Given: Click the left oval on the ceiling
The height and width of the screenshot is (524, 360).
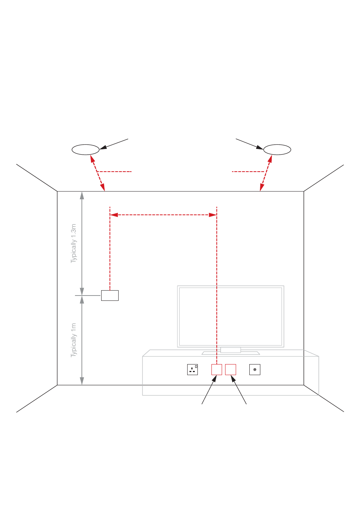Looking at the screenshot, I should (86, 150).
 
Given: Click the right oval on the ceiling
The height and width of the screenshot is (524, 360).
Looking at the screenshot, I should (277, 150).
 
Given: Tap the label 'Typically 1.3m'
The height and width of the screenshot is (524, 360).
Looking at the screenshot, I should (74, 243).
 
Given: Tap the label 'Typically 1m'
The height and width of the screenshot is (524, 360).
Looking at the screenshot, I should (74, 340).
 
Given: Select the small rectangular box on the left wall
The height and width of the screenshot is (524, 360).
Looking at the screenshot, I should (110, 296).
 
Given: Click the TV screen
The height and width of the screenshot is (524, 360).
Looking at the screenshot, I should (230, 316).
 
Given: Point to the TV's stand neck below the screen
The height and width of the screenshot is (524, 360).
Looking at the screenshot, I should (230, 350).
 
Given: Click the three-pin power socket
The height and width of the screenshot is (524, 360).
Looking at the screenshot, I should (193, 369).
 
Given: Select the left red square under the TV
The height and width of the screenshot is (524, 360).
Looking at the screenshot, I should (217, 369).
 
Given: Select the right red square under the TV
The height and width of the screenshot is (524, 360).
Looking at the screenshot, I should (230, 369).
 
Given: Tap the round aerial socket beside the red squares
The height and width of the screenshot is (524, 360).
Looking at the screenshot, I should (255, 369).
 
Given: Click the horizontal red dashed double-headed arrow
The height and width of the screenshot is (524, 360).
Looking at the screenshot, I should (163, 215).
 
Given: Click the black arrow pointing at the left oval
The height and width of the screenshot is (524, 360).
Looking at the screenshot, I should (114, 144).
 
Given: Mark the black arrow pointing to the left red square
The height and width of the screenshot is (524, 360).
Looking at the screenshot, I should (209, 390).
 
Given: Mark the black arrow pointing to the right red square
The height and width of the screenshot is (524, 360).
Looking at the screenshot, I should (239, 390).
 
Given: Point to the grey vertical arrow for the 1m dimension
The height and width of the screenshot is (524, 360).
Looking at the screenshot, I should (82, 340).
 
